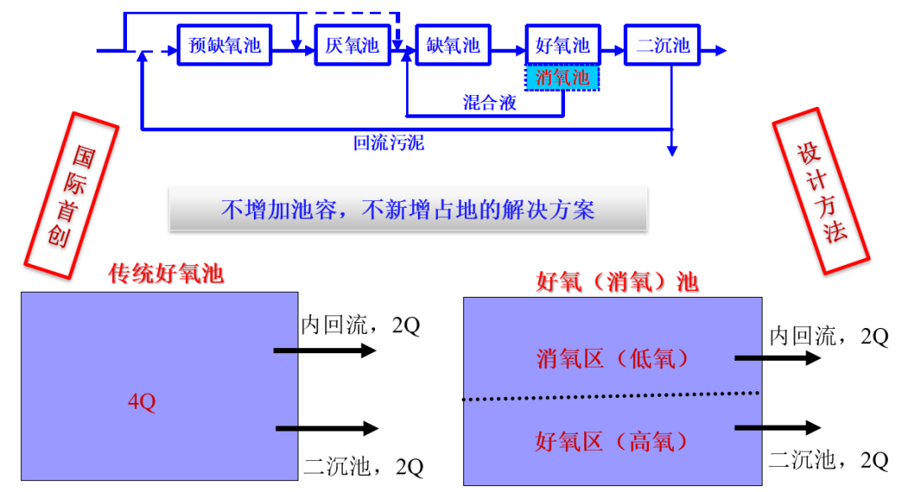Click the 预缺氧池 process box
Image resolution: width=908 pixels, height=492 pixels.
[x=224, y=45]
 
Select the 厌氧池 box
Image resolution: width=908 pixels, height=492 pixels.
[x=352, y=45]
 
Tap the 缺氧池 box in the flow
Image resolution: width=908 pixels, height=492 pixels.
[x=452, y=45]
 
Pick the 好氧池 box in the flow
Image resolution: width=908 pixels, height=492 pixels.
[x=562, y=45]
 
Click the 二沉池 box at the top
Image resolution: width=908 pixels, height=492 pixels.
[x=663, y=45]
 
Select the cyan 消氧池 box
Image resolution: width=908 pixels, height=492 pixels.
[x=562, y=78]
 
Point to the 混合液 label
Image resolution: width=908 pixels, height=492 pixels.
[x=489, y=103]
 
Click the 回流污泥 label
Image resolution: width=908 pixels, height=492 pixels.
[x=388, y=143]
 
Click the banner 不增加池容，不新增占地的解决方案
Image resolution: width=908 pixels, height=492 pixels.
[x=408, y=209]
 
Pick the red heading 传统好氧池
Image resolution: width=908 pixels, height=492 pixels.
[x=166, y=273]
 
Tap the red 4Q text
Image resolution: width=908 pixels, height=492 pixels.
[x=141, y=403]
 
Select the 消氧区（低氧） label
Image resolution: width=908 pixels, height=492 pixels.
[x=613, y=359]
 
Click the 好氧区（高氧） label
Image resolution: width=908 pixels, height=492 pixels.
[x=613, y=441]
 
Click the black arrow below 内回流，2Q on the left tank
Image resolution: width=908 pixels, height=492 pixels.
[x=325, y=351]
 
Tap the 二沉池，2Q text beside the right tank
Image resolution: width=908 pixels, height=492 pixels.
[x=828, y=460]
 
